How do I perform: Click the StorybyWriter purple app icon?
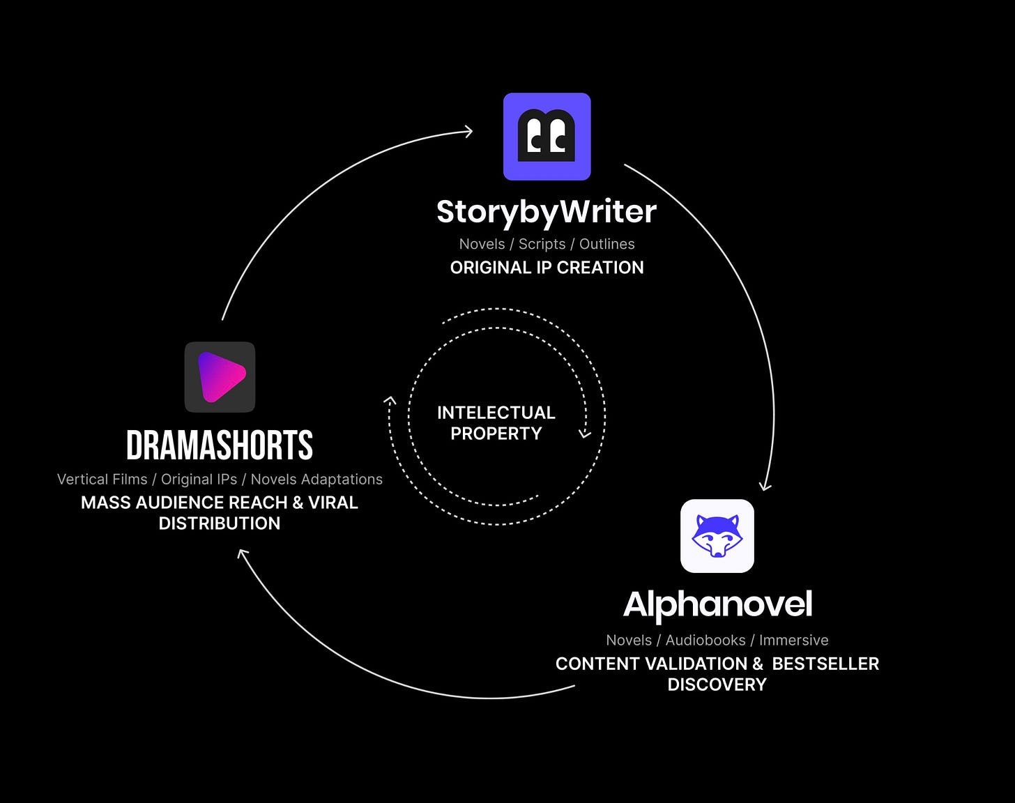tap(547, 137)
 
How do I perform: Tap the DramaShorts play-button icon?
tap(220, 377)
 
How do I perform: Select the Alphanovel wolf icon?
tap(717, 536)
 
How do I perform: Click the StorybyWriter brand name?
tap(546, 212)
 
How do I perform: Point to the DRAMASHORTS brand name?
tap(220, 445)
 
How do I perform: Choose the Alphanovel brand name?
tap(717, 605)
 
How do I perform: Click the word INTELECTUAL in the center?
tap(496, 413)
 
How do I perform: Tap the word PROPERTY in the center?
tap(496, 434)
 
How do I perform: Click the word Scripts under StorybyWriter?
tap(542, 245)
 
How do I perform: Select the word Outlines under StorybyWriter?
tap(607, 244)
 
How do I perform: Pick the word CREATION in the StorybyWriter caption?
tap(600, 268)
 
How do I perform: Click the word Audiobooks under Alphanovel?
tap(705, 640)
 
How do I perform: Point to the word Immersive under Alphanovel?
tap(794, 640)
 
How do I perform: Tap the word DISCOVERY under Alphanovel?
tap(717, 685)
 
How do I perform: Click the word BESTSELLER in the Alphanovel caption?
tap(825, 664)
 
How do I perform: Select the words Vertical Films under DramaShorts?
tap(102, 480)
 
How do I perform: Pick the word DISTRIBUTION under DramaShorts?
tap(220, 523)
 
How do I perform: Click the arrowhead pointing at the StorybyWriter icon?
tap(468, 132)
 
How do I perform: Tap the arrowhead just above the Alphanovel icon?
tap(765, 487)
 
